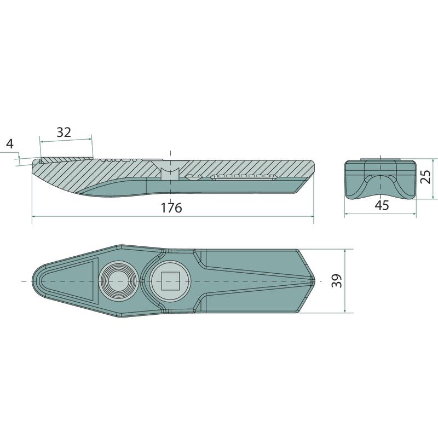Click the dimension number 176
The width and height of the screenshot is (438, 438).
pos(171,208)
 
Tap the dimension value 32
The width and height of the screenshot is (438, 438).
pos(64,132)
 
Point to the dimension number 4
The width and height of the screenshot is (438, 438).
pos(10,144)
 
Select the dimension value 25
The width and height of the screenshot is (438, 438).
pos(426,176)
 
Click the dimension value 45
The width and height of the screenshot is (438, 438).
pos(382,205)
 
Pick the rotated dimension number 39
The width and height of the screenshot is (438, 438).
pos(337,281)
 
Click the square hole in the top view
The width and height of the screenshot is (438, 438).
pos(170,281)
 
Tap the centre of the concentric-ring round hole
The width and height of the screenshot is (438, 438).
pos(118,281)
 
